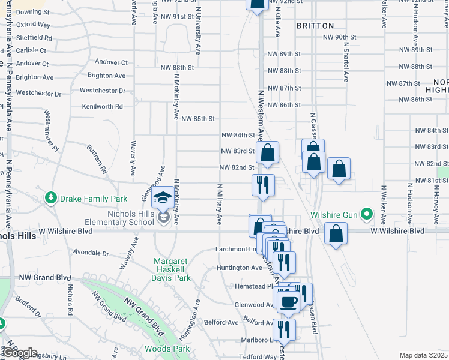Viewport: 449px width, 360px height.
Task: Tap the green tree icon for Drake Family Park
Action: click(52, 198)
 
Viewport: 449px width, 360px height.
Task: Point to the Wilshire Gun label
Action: click(333, 214)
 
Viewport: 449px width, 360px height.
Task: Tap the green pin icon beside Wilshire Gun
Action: click(364, 214)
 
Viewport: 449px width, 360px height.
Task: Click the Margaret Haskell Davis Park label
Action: click(172, 270)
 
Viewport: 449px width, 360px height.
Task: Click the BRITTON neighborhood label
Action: click(315, 26)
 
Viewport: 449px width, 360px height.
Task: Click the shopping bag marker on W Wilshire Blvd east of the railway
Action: click(336, 233)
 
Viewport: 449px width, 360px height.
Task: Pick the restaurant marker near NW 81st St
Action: click(262, 185)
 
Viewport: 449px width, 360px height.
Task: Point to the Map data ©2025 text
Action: click(424, 355)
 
